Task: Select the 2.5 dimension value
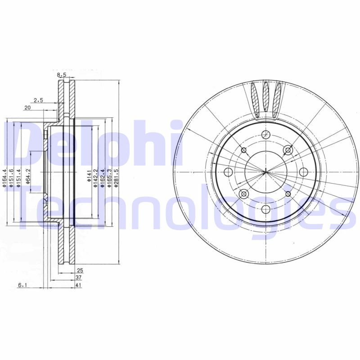coord(38,101)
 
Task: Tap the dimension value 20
coord(27,108)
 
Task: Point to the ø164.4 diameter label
coord(5,177)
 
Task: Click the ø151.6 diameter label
coord(12,177)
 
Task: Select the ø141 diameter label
coord(89,176)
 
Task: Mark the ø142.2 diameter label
coord(95,177)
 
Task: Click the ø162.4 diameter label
coord(103,177)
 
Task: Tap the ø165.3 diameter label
coord(109,177)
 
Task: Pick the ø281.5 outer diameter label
coord(116,177)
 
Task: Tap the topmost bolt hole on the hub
coord(265,134)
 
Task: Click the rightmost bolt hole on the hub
coord(303,171)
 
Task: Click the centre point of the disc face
coord(265,171)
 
